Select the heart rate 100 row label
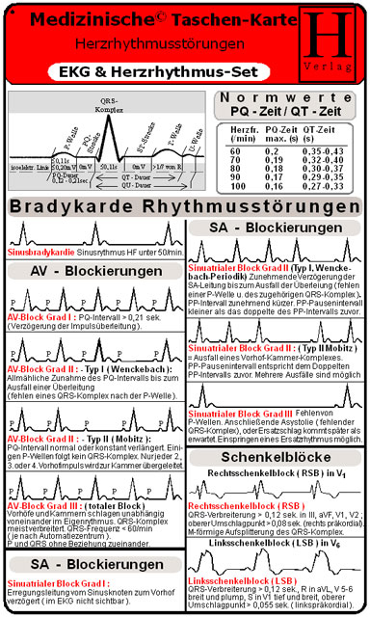[235, 185]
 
